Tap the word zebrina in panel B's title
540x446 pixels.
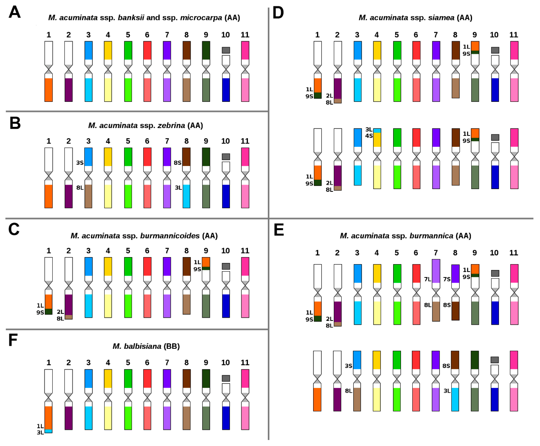point(171,125)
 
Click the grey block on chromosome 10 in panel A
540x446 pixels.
point(226,50)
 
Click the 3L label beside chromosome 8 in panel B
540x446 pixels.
point(178,188)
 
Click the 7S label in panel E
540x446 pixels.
point(447,279)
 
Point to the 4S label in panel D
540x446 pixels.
point(369,136)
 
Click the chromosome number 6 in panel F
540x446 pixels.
point(147,363)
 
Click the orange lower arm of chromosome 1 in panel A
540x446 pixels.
point(49,90)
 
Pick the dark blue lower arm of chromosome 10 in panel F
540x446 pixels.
point(226,418)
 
